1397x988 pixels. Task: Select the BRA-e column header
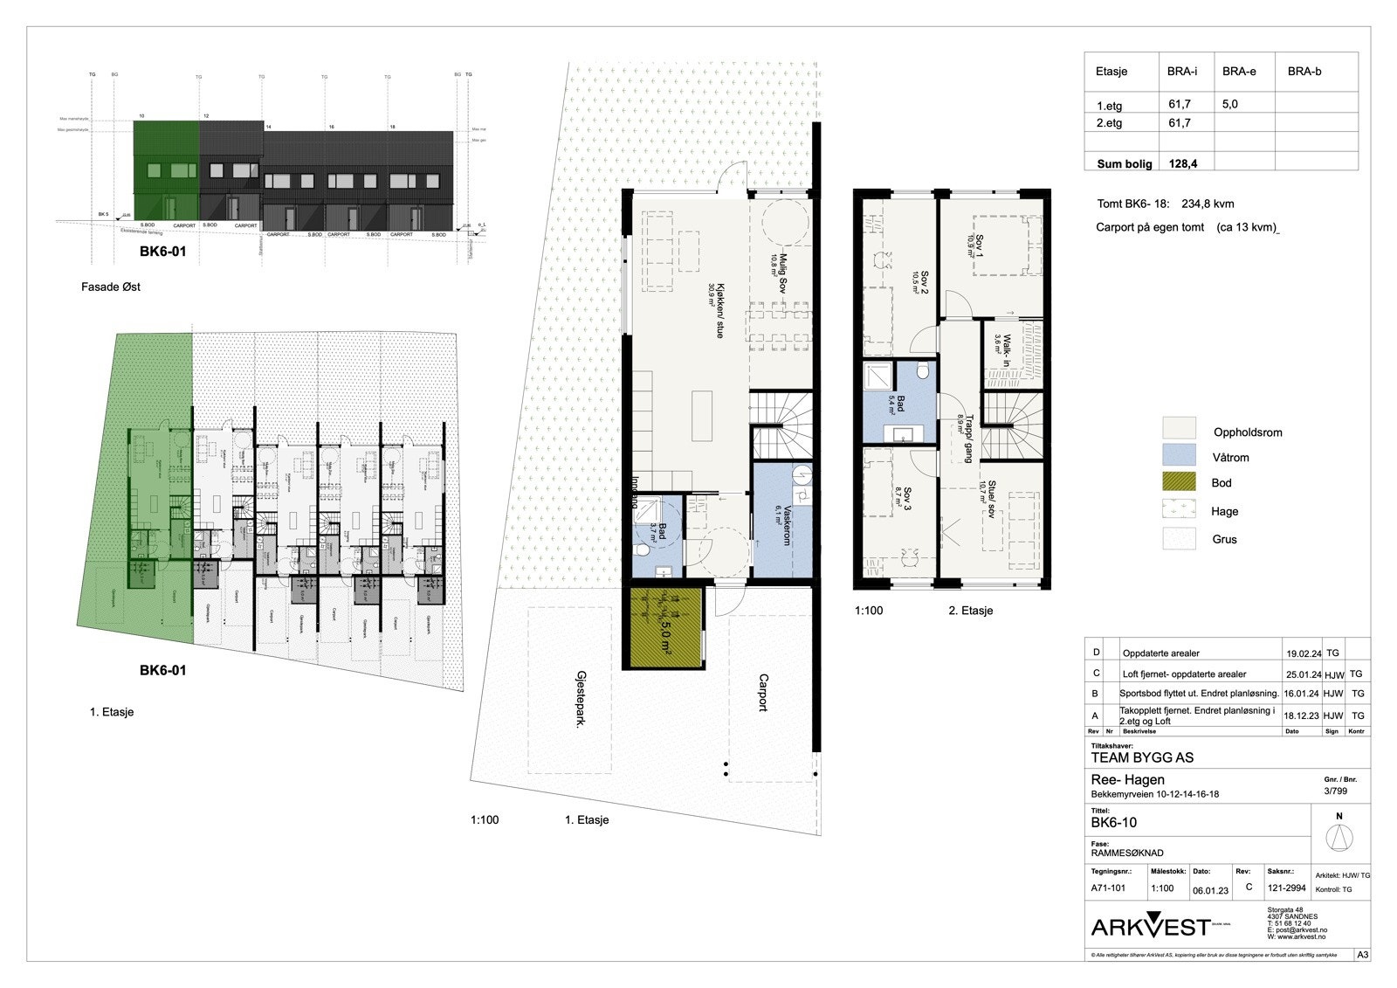click(x=1239, y=72)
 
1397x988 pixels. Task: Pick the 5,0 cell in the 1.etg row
click(x=1229, y=104)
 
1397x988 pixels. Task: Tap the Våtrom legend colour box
click(x=1178, y=454)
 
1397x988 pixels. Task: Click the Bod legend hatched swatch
click(x=1178, y=481)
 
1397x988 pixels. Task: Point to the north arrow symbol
click(x=1339, y=838)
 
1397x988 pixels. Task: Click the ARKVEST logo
click(x=1151, y=926)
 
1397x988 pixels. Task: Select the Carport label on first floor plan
click(x=763, y=693)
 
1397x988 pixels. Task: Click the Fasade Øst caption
click(x=111, y=287)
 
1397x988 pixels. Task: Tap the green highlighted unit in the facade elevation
click(x=166, y=170)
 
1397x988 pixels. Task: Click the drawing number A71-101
click(x=1108, y=888)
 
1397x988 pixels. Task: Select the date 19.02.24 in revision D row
click(x=1303, y=653)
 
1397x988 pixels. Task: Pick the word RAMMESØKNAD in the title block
click(x=1127, y=853)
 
